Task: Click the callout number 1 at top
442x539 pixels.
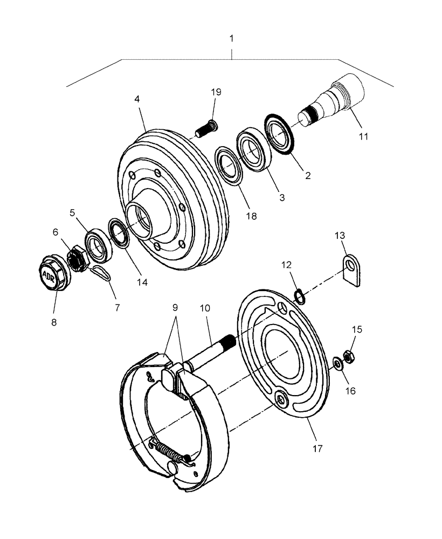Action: click(232, 39)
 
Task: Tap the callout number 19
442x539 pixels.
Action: click(216, 92)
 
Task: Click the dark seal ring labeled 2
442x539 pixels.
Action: click(279, 133)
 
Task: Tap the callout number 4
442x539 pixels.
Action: click(137, 100)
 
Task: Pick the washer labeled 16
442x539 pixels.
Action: click(337, 365)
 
